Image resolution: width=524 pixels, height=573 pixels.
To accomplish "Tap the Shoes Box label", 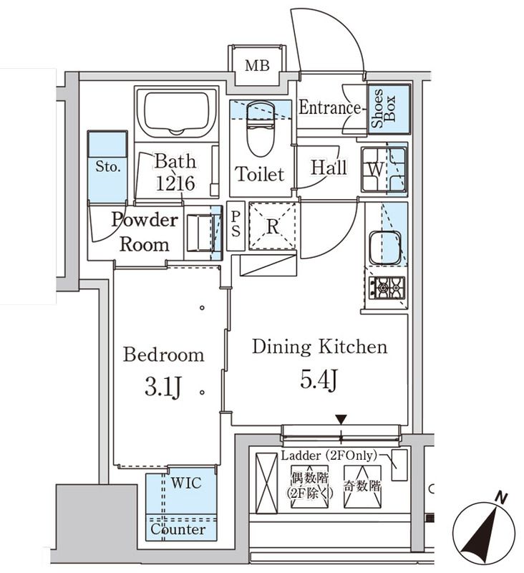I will coord(389,108).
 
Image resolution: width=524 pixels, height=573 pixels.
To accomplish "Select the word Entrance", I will coord(329,108).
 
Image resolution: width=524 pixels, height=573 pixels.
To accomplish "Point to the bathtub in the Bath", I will coord(176,112).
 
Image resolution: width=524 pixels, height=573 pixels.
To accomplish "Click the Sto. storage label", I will coord(107,166).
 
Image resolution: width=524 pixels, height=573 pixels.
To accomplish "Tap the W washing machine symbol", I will coord(374,170).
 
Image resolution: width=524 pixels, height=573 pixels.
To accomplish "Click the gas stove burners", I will coord(386,288).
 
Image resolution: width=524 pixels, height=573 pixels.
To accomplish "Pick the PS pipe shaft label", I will coord(236,226).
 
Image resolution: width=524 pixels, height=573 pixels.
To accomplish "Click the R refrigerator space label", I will coord(272,227).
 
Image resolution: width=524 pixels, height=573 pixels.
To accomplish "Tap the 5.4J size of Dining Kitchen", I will coord(319,380).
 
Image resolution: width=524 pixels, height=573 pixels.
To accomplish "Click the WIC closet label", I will coord(185,483).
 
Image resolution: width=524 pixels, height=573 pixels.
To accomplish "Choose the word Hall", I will coord(329,168).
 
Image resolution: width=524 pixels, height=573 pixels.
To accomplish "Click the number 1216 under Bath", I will coord(175,183).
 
